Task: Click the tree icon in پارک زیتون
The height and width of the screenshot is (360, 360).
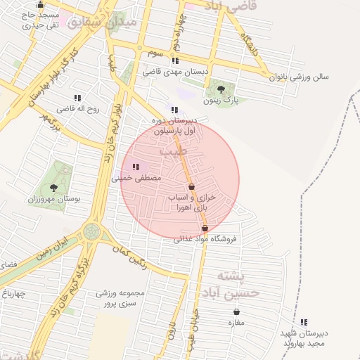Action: [x=221, y=89]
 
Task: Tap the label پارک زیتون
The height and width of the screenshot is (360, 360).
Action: [x=221, y=101]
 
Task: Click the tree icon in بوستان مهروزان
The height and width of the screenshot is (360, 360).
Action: [x=53, y=188]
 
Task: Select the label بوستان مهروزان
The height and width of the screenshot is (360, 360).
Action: [x=53, y=200]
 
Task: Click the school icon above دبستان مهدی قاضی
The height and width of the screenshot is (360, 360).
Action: [x=174, y=60]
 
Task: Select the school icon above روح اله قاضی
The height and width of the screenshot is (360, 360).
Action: [x=77, y=98]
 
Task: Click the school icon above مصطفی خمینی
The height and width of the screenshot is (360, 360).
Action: [x=135, y=167]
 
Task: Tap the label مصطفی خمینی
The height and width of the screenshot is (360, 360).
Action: [x=136, y=179]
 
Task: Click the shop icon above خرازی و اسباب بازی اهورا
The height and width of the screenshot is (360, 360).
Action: [x=191, y=187]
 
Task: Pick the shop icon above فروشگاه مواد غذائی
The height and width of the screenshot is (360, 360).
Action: [x=205, y=229]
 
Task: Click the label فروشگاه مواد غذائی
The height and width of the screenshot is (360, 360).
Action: [x=205, y=239]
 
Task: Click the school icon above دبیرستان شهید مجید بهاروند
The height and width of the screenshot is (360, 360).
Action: [x=304, y=322]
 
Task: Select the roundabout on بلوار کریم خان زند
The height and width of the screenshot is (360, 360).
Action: [x=91, y=231]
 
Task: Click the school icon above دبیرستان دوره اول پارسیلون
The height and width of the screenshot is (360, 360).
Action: [x=174, y=110]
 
